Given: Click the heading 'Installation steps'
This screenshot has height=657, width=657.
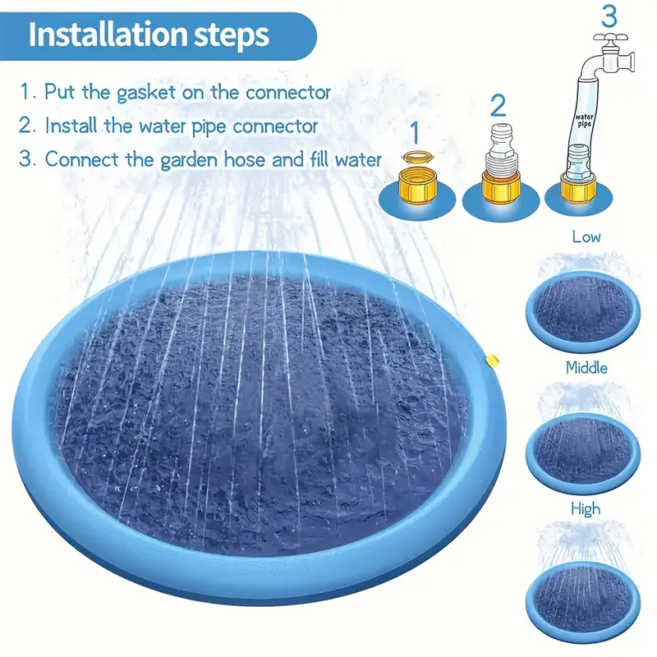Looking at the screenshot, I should (148, 35).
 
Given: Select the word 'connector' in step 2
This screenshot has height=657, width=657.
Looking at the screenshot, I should (275, 126).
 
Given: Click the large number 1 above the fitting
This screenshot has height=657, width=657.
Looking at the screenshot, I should (415, 131).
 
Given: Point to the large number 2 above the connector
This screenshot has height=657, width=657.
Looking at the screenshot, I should (498, 105).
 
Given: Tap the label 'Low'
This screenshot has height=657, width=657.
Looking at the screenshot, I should (586, 237).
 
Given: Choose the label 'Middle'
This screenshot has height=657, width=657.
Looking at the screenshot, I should (586, 367).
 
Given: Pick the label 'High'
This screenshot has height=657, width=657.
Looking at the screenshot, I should (586, 509).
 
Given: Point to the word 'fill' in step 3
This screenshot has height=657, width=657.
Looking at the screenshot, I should (322, 159).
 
